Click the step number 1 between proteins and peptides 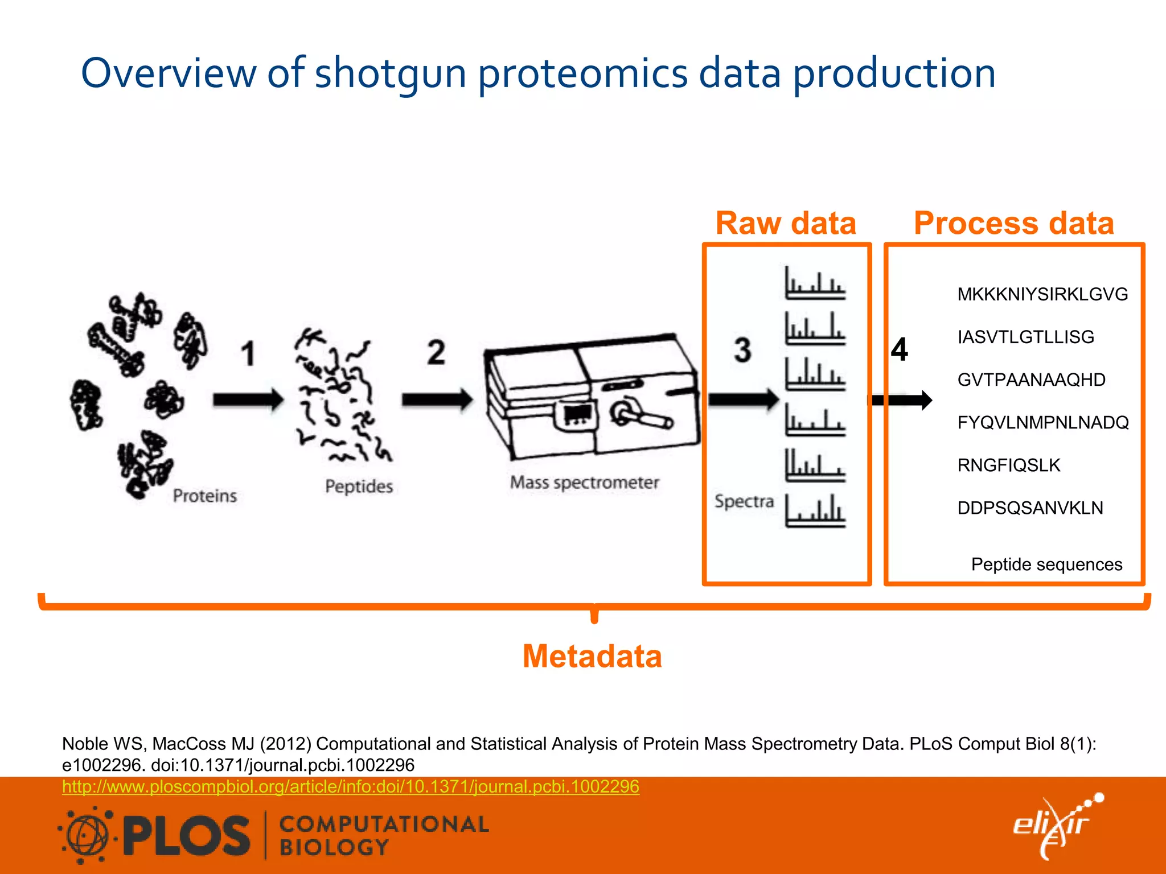pos(248,353)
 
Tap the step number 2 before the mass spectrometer pos(436,352)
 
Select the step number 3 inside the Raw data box pos(742,350)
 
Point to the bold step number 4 pos(900,349)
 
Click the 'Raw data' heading pos(786,223)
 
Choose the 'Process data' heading pos(1013,223)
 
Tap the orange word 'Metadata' pos(592,656)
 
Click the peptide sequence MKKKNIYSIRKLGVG pos(1042,294)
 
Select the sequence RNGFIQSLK pos(1009,465)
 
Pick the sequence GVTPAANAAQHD pos(1031,380)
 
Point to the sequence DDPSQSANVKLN pos(1030,508)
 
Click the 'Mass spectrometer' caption pos(584,483)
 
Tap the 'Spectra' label pos(744,501)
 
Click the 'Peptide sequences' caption pos(1046,564)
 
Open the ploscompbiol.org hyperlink pos(351,786)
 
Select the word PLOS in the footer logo pos(186,836)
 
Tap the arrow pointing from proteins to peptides pos(248,399)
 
